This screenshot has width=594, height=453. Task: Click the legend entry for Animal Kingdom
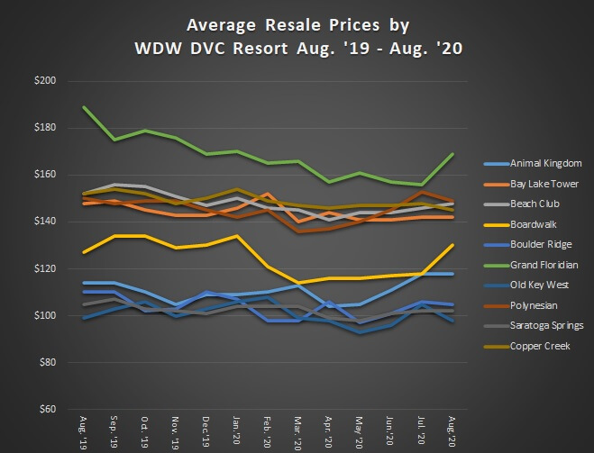tap(532, 163)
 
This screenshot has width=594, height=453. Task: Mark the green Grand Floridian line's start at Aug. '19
tap(84, 107)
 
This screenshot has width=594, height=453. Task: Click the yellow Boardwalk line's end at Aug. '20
tap(452, 245)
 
